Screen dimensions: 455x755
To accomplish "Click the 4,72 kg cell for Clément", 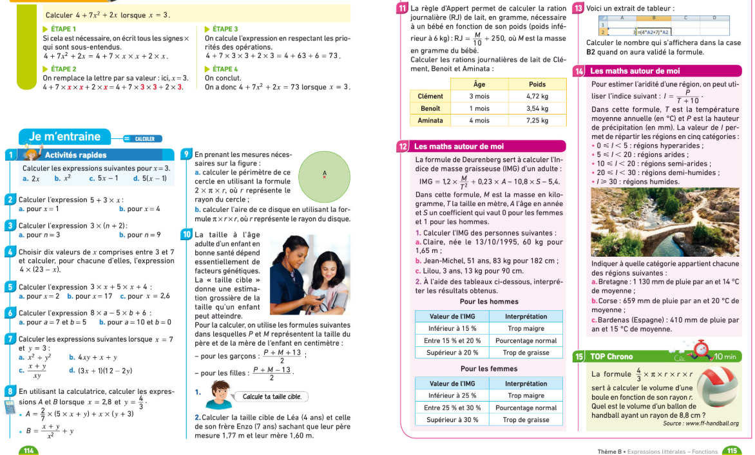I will pyautogui.click(x=537, y=96).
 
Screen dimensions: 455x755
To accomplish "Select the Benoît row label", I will pyautogui.click(x=430, y=108).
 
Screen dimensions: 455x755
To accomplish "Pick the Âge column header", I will pyautogui.click(x=479, y=84).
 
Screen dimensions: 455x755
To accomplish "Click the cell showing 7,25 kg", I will pyautogui.click(x=537, y=120).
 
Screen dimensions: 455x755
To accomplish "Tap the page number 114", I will pyautogui.click(x=28, y=450).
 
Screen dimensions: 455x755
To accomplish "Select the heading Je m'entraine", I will pyautogui.click(x=64, y=136).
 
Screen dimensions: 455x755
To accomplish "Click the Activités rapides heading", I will pyautogui.click(x=75, y=155).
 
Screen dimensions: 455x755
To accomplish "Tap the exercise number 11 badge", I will pyautogui.click(x=403, y=8).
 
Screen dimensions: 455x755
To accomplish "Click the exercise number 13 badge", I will pyautogui.click(x=578, y=8).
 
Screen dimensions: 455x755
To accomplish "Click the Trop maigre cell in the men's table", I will pyautogui.click(x=526, y=328).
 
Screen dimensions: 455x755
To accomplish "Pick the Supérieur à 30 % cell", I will pyautogui.click(x=454, y=420).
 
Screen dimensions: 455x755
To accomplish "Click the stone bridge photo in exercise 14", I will pyautogui.click(x=665, y=222).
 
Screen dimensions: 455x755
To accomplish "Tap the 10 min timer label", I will pyautogui.click(x=725, y=356).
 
